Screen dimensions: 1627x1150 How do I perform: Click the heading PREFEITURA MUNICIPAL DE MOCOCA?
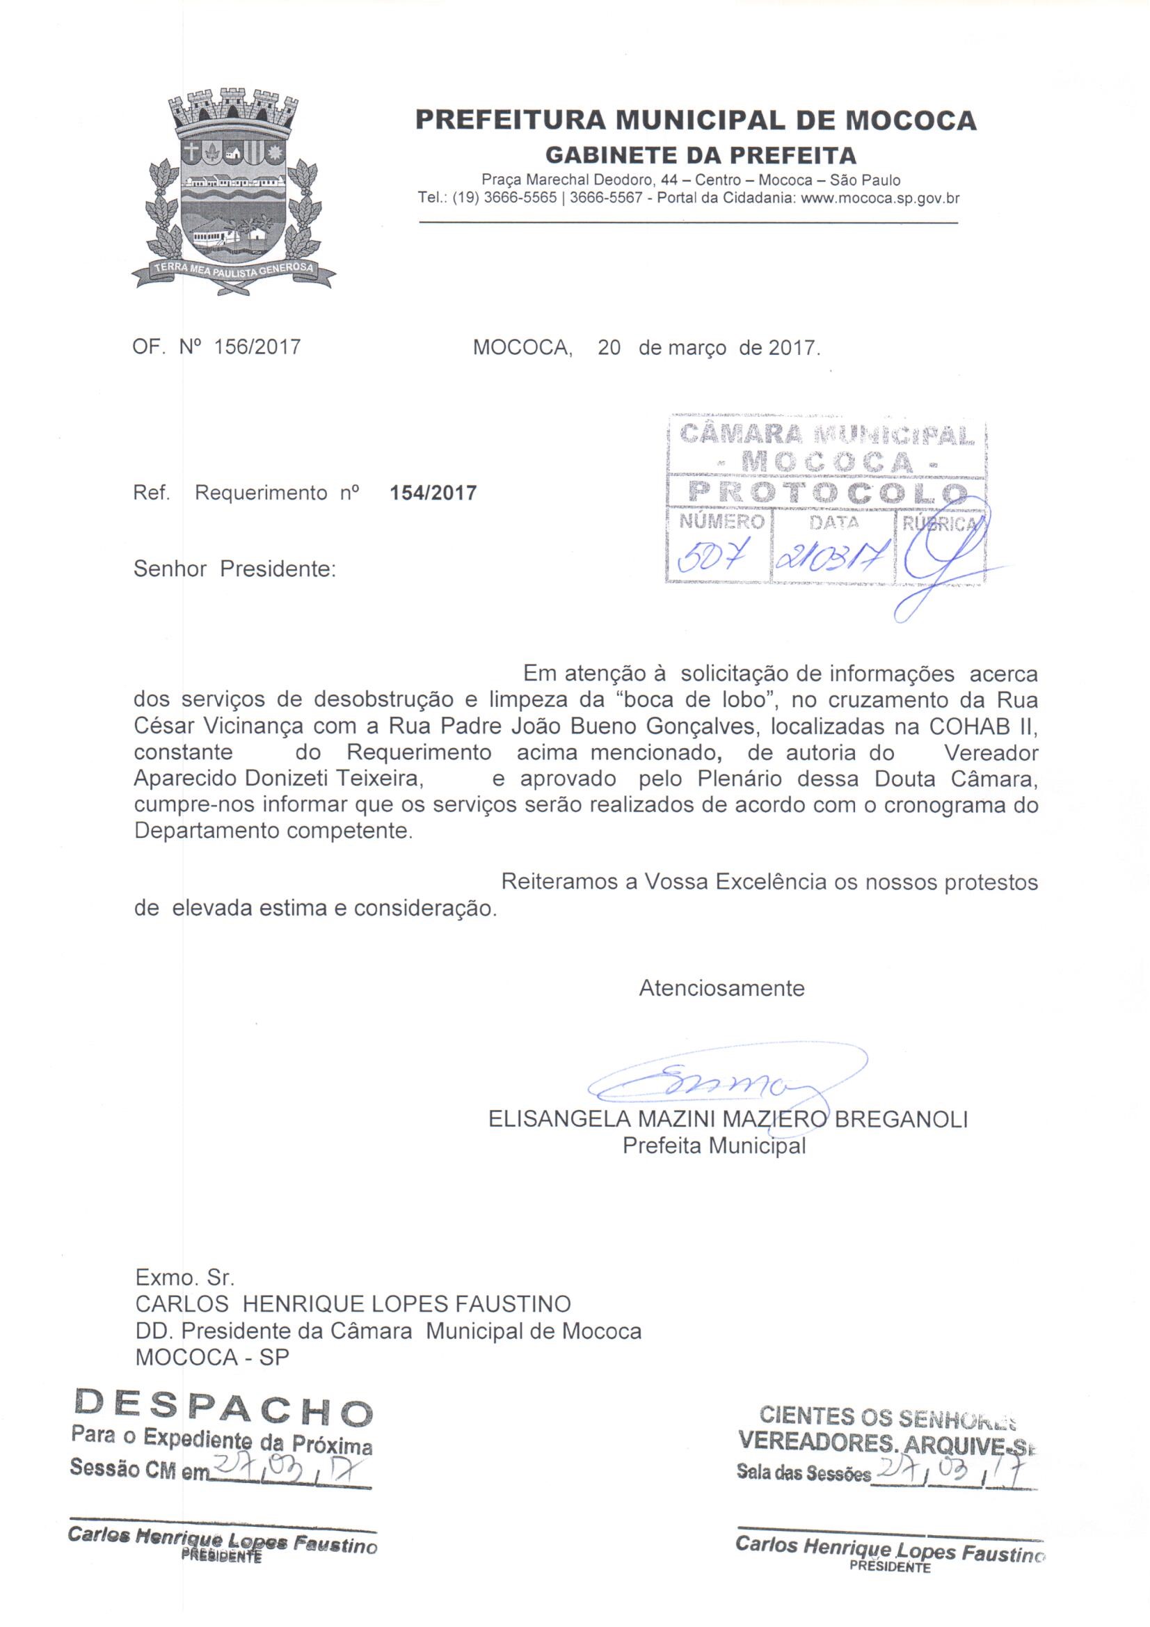coord(695,120)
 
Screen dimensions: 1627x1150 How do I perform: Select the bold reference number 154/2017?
coord(433,493)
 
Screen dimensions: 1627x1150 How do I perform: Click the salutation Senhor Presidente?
coord(234,569)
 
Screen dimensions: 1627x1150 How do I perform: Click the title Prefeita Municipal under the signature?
coord(714,1145)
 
